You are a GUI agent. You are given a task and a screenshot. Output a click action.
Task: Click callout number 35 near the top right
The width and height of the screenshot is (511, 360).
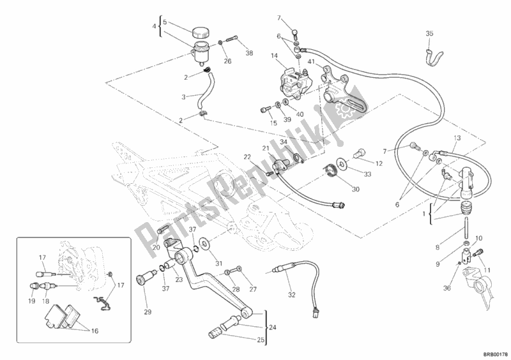[429, 33]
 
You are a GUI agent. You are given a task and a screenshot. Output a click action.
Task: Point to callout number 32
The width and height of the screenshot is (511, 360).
[292, 294]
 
